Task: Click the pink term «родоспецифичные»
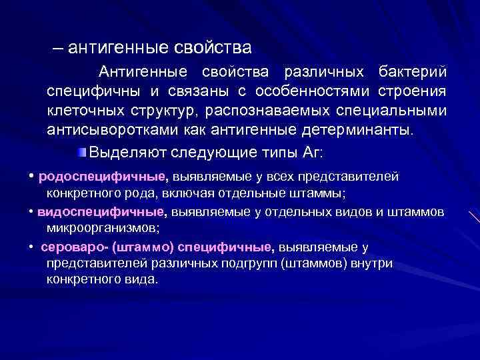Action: click(102, 177)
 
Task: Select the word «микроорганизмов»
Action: click(101, 227)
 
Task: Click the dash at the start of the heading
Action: click(59, 48)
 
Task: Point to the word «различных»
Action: click(324, 71)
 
